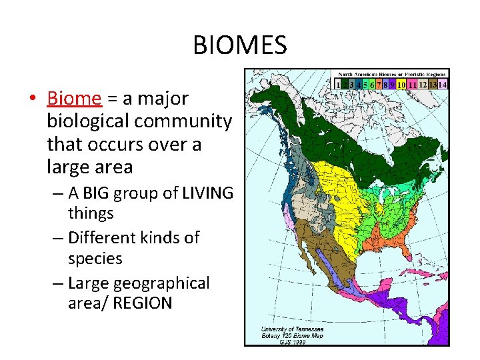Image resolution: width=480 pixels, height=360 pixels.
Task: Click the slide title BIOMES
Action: point(239,45)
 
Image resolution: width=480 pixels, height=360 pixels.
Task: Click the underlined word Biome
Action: point(75,99)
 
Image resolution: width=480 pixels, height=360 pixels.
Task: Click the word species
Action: point(95,258)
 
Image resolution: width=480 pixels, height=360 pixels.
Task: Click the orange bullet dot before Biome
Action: point(33,99)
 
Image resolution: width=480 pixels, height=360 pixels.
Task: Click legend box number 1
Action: point(338,85)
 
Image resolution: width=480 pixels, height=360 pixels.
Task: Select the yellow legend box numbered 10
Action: point(401,85)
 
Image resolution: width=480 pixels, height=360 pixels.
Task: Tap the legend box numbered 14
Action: point(443,85)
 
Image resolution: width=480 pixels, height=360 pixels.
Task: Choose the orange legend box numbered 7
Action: point(378,85)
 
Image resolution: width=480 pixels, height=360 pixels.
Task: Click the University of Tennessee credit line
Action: point(293,329)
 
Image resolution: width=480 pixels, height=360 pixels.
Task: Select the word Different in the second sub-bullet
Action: point(101,238)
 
